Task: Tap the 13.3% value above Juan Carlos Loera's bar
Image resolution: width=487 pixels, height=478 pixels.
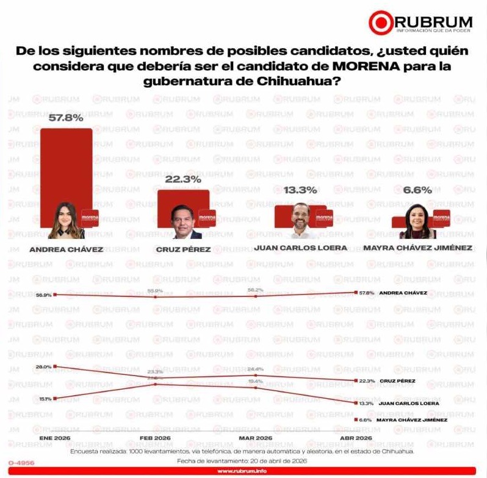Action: (x=300, y=190)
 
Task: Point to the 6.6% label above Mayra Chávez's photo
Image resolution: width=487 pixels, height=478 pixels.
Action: (x=417, y=190)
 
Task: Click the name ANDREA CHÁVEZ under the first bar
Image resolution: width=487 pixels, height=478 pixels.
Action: (x=66, y=249)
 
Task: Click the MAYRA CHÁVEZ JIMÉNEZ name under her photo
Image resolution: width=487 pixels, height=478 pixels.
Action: (x=417, y=248)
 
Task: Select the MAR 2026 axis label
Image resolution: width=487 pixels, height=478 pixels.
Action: (x=256, y=438)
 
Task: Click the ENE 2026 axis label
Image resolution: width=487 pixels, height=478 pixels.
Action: (x=54, y=438)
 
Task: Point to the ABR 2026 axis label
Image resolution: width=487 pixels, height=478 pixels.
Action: (x=356, y=438)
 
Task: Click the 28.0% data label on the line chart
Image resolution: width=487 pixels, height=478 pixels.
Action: (x=43, y=366)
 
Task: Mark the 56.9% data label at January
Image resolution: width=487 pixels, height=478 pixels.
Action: (x=43, y=294)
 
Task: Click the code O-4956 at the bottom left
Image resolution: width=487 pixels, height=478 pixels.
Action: (x=21, y=463)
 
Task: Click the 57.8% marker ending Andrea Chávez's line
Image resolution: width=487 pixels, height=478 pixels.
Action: (x=356, y=293)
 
